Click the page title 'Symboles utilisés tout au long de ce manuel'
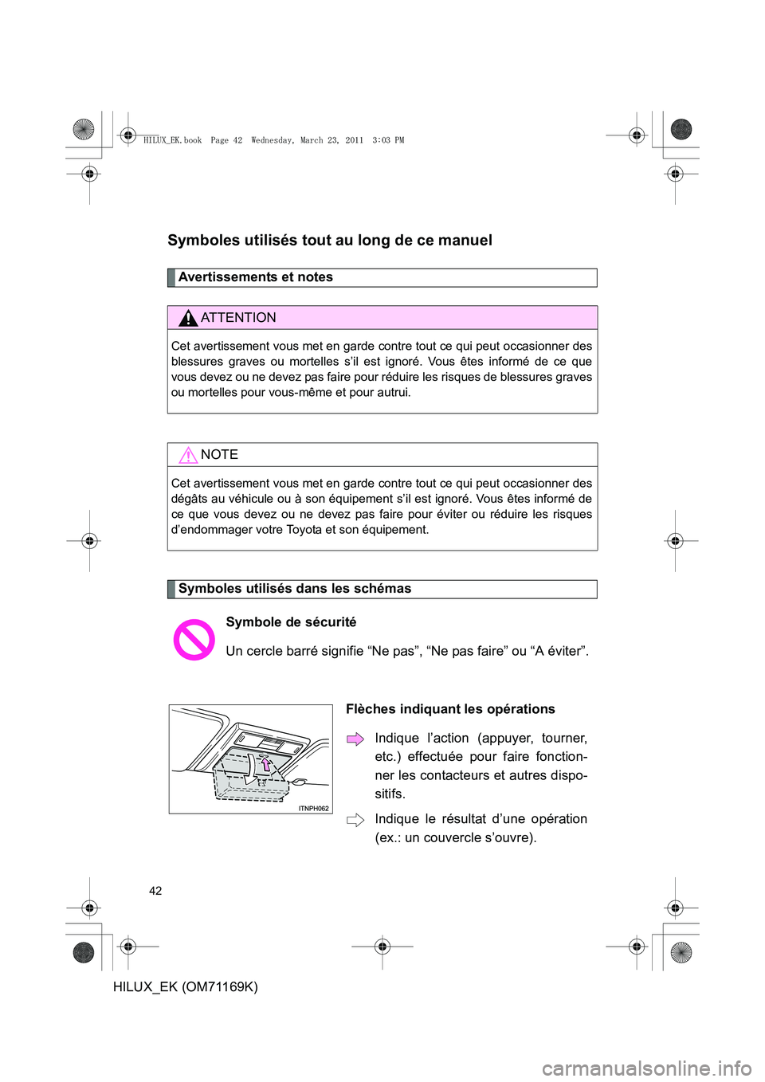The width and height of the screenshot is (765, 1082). pos(330,241)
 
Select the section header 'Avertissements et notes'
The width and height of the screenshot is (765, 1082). pos(256,277)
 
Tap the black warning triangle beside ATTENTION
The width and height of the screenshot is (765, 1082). pos(188,319)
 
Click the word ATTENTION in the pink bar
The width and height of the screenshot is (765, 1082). pos(238,318)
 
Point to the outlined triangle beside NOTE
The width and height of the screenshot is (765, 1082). pos(188,456)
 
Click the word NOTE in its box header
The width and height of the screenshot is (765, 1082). pos(219,455)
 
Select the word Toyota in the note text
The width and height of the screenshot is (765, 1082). pos(304,530)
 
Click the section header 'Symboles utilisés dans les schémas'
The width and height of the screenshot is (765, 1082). pos(295,589)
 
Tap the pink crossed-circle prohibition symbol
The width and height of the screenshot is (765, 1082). pos(194,640)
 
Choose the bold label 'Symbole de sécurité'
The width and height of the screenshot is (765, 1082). pos(291,622)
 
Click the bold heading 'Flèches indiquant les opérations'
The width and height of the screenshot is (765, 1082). pos(450,709)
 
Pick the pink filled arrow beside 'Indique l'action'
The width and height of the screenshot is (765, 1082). pos(355,739)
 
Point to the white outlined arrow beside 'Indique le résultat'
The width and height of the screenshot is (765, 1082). pos(355,820)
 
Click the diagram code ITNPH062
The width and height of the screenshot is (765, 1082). pos(313,808)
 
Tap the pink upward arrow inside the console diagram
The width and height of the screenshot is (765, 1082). pos(265,764)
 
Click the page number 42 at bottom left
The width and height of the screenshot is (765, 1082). pos(155,891)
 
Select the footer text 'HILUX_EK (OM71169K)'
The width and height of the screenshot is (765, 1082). pos(186,986)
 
